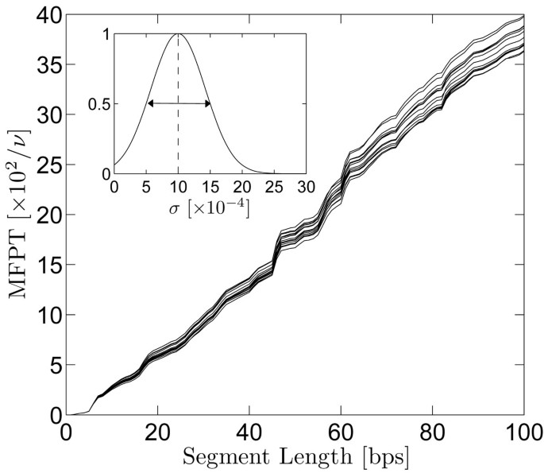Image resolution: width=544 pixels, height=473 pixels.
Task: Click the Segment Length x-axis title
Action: tap(295, 459)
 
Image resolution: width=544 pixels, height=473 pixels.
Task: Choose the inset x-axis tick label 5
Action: tap(146, 187)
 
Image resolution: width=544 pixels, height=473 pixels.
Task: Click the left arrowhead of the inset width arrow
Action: tap(150, 103)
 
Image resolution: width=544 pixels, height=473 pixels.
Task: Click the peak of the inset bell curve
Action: tap(178, 34)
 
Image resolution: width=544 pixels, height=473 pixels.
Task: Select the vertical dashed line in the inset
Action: tap(178, 135)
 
